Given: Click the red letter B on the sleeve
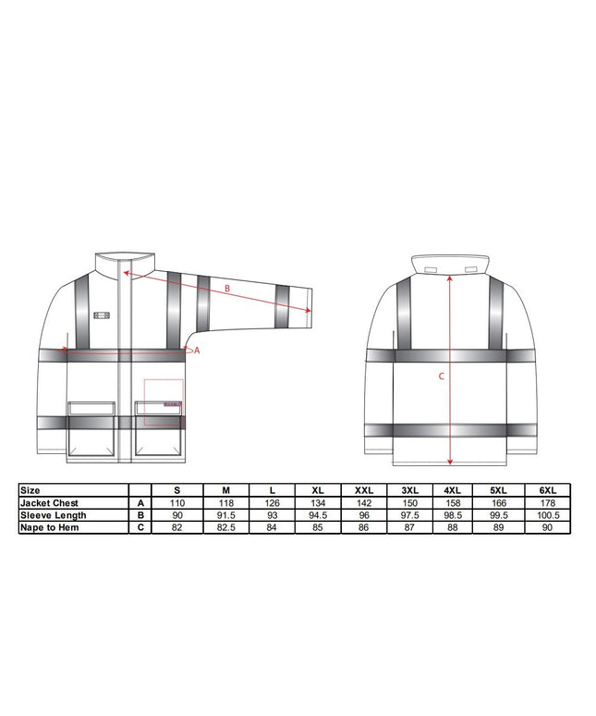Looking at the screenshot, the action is pos(227,289).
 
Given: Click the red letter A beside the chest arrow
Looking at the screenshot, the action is pos(197,351).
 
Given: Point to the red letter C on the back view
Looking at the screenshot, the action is pos(441,377).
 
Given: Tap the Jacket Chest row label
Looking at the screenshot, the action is pos(49,502).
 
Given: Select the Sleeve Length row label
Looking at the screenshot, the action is pos(54,515).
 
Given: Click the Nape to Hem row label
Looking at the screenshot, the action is pos(50,527).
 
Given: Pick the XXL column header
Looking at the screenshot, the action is pos(364,490).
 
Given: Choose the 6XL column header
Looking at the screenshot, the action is pos(548,490).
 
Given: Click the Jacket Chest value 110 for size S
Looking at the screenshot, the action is pos(176,502).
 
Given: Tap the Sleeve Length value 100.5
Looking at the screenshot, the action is pos(548,515).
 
